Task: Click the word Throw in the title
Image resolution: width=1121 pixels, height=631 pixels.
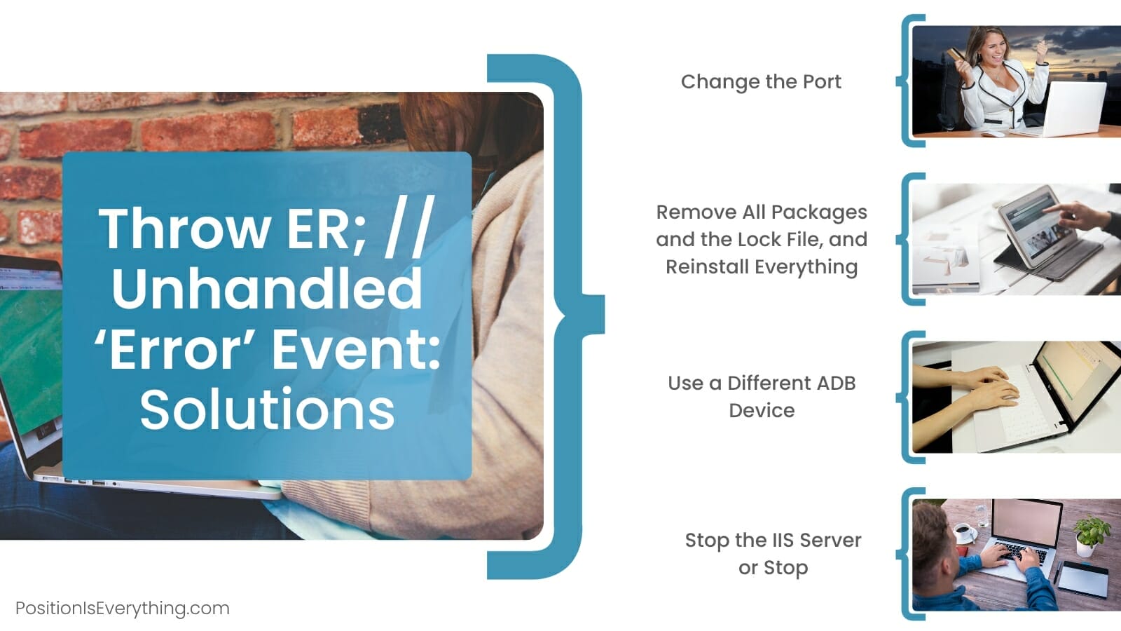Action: point(185,229)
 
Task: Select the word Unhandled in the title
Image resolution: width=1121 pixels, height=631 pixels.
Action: point(267,288)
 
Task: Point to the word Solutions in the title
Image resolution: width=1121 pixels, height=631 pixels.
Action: point(267,409)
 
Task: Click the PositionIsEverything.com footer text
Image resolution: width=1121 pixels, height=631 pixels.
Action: point(123,608)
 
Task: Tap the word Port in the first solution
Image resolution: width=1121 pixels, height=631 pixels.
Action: point(822,81)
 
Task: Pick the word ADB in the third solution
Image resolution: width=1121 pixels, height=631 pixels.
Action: point(837,383)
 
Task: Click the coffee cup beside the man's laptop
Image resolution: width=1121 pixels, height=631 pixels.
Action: point(962,532)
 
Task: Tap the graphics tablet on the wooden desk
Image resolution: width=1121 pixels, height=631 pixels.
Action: point(1076,579)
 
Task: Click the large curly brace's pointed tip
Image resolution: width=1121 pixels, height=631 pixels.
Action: point(604,315)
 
